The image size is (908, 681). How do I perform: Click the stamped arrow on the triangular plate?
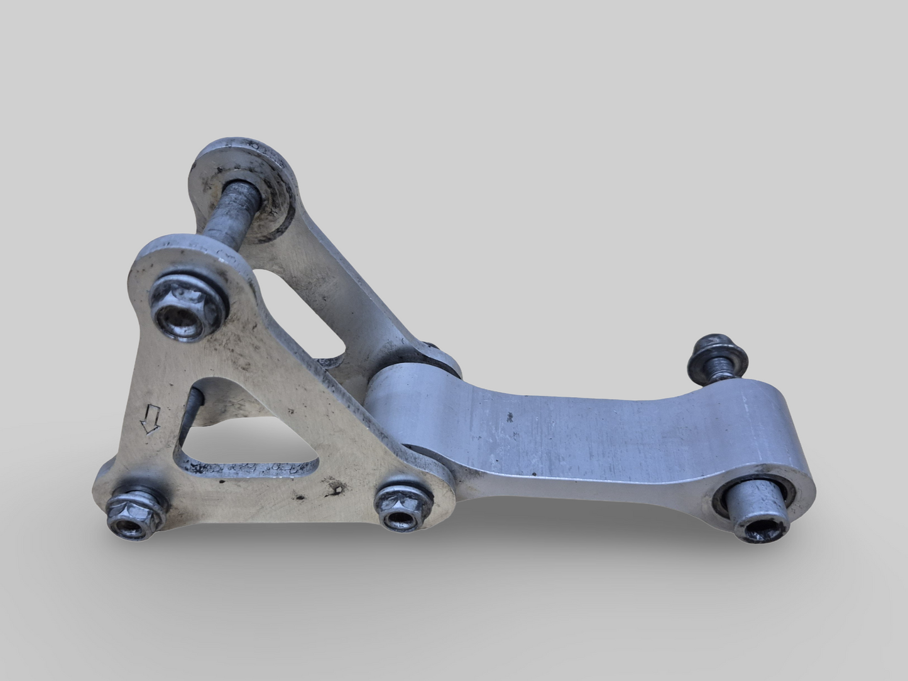(150, 420)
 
